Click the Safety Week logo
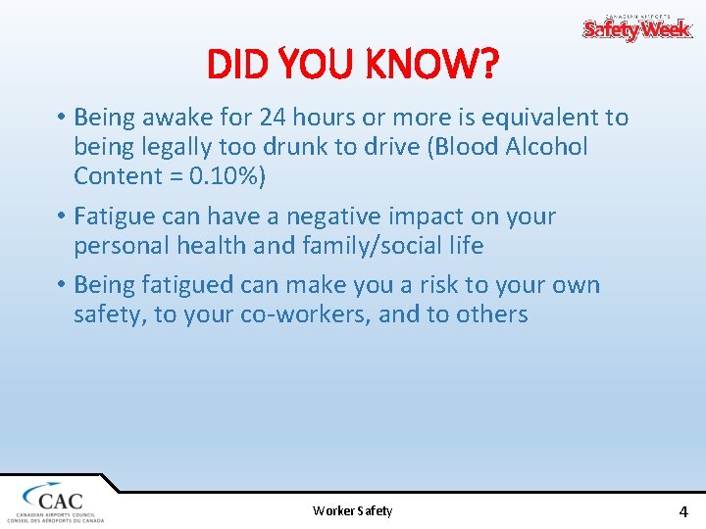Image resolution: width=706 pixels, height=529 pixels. coord(637,27)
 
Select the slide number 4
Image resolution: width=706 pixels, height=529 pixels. coord(683,510)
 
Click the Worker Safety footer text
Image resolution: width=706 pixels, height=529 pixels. coord(352,510)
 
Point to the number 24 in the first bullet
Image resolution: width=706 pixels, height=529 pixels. coord(274,118)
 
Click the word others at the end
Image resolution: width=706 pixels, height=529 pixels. coord(491,314)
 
